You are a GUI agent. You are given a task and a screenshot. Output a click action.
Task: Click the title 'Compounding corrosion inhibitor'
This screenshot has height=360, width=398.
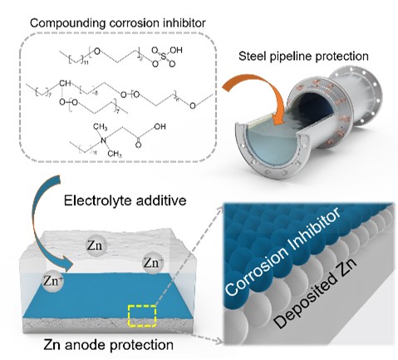point(118,23)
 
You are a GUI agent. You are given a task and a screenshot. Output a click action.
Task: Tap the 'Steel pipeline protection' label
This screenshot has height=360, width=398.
point(303,57)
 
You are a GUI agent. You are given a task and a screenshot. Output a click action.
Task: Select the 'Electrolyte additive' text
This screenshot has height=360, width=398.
point(125,200)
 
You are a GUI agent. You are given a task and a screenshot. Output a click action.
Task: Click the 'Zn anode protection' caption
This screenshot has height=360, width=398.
point(108,345)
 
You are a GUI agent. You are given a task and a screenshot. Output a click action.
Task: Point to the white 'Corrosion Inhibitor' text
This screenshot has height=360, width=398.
point(283,251)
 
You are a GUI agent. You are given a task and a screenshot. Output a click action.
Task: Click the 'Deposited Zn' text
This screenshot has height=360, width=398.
point(315,293)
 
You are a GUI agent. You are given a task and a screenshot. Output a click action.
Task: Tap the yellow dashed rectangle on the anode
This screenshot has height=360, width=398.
point(142,315)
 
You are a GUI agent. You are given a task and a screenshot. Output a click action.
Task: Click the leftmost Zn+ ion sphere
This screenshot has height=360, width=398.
point(53,281)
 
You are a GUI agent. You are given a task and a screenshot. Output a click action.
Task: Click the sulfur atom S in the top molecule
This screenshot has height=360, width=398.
point(164,57)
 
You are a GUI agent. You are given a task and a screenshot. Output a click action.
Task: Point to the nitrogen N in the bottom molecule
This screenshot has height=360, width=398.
point(104,141)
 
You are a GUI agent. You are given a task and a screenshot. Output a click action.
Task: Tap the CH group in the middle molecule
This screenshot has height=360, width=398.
point(65,83)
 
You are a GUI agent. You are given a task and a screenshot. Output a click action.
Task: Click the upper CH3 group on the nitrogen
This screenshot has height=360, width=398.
point(100,127)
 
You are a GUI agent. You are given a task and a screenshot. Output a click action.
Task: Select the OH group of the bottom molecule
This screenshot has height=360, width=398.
point(160,126)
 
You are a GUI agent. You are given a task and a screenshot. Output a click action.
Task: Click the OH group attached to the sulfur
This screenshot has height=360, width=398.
point(176,50)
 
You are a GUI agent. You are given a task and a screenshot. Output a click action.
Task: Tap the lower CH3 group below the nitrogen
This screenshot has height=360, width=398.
point(115,154)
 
